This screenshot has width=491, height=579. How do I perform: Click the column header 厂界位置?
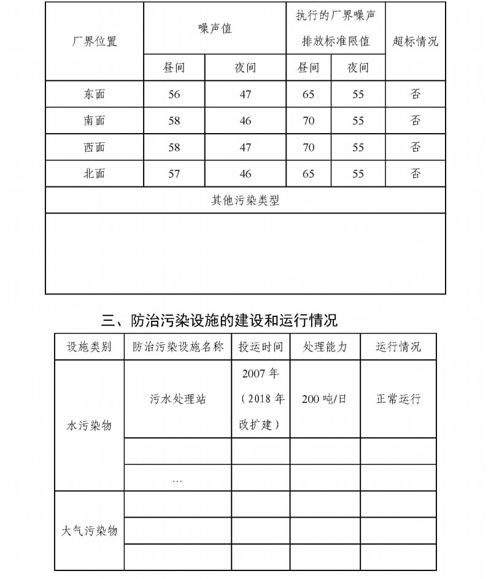coord(95,42)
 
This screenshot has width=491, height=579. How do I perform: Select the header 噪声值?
coord(215,28)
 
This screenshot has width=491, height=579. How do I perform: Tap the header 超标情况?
coord(416,42)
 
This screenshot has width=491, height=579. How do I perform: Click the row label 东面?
coord(95,94)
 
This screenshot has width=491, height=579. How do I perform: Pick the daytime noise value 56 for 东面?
coord(174,94)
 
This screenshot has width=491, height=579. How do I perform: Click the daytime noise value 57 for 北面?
coord(174,174)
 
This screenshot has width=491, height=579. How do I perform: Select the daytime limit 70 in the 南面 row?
coord(309,121)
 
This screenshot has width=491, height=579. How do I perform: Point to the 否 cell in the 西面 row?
coord(416,147)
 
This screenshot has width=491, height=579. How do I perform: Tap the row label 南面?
coord(95,121)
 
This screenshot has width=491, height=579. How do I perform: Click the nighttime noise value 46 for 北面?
coord(245,174)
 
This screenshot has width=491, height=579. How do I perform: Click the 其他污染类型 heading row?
coord(245,201)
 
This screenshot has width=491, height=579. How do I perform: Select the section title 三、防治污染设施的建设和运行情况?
coord(220,320)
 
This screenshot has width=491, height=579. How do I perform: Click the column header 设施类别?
coord(90,347)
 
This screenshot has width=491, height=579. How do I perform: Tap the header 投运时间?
coord(261,347)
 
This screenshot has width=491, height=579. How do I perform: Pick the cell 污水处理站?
coord(178,399)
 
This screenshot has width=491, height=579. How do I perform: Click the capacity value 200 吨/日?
coord(325,399)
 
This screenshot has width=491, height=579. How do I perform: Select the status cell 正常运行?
coord(398,399)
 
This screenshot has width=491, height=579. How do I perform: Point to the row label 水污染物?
coord(90,425)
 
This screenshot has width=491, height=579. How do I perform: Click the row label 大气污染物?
coord(90,531)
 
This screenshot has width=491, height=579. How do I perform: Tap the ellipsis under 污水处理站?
coord(177,479)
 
